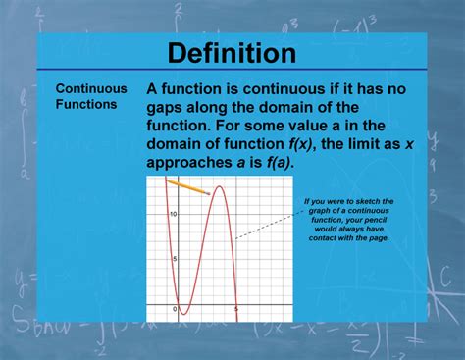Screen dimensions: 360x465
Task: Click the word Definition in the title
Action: (x=232, y=52)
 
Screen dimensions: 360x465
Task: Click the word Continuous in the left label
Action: (x=86, y=88)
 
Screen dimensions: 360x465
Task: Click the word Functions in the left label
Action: (x=84, y=103)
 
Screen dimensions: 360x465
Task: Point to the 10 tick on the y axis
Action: (x=172, y=214)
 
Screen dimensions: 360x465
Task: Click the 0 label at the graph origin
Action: (x=175, y=310)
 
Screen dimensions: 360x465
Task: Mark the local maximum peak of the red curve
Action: (x=223, y=187)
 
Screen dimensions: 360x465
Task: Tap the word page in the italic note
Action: (x=377, y=238)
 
